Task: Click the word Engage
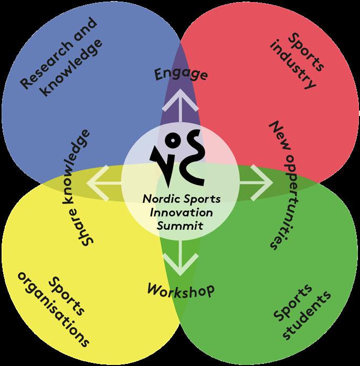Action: coord(181,74)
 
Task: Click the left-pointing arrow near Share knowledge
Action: coord(104,181)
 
